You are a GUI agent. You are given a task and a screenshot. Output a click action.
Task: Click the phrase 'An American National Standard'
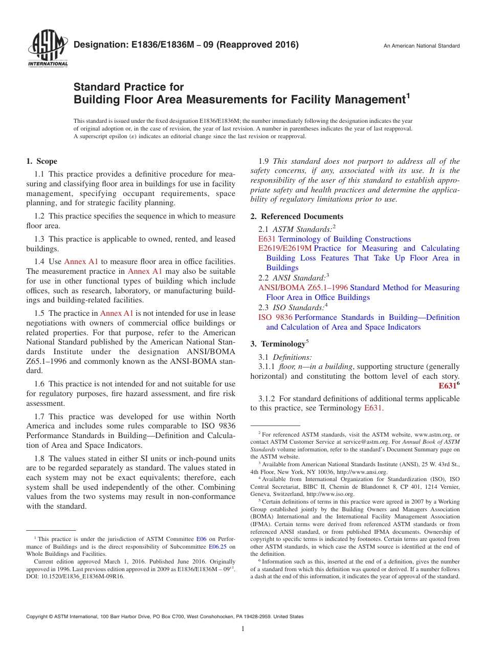click(x=422, y=46)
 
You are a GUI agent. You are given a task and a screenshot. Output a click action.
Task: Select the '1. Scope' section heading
click(x=41, y=161)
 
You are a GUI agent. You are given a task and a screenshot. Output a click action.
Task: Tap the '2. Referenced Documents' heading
click(x=297, y=216)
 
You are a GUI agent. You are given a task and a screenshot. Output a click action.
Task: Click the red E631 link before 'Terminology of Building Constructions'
click(x=267, y=239)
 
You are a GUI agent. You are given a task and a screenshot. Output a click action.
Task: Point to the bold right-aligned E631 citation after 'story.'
click(x=448, y=386)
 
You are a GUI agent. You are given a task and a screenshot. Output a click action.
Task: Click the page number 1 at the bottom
click(x=243, y=628)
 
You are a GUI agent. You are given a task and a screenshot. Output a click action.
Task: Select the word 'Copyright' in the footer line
click(x=38, y=617)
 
